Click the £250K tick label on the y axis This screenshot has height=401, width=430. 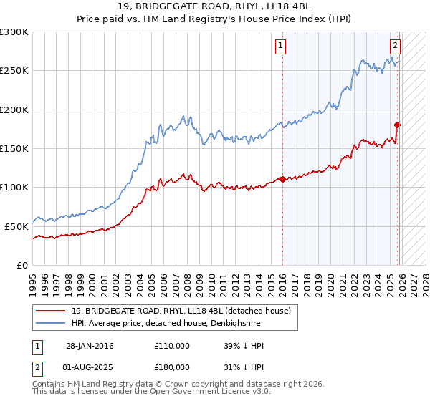pyautogui.click(x=14, y=71)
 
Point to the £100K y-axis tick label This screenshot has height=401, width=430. pyautogui.click(x=14, y=187)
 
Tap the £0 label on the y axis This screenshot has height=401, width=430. pyautogui.click(x=22, y=265)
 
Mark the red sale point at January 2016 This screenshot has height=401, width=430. pyautogui.click(x=283, y=179)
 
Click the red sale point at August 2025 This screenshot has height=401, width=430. pyautogui.click(x=398, y=125)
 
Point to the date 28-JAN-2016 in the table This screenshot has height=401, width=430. pyautogui.click(x=90, y=346)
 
